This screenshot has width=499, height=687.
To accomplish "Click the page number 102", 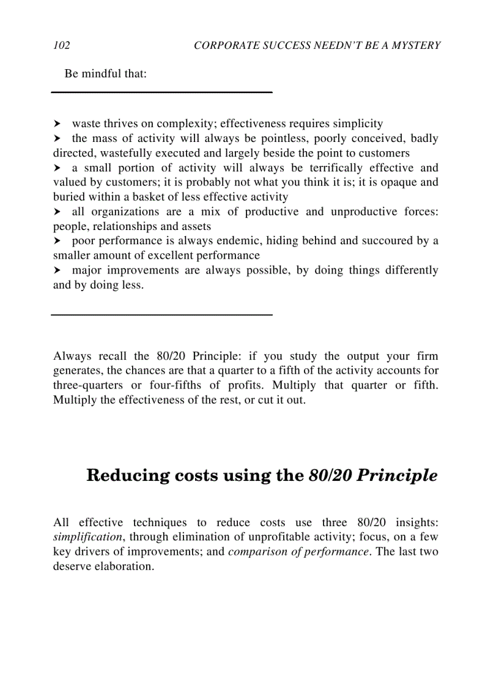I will pyautogui.click(x=61, y=45).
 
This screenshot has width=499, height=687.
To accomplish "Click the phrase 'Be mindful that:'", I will pyautogui.click(x=105, y=74).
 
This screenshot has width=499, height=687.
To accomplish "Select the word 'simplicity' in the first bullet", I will pyautogui.click(x=355, y=124).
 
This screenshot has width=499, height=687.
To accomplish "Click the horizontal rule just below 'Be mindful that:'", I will pyautogui.click(x=161, y=92).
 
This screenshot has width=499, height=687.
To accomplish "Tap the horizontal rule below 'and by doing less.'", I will pyautogui.click(x=161, y=314).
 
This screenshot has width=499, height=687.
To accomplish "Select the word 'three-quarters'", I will pyautogui.click(x=88, y=385).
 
